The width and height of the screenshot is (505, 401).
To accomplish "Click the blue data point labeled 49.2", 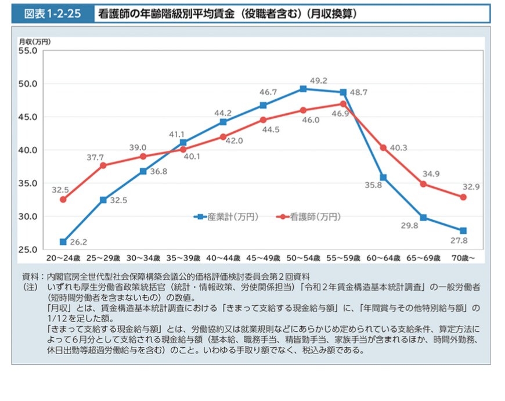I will coord(303,89).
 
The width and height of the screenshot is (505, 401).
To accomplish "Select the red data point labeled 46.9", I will coord(343,104).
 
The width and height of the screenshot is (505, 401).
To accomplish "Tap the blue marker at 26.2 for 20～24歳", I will coord(63,241).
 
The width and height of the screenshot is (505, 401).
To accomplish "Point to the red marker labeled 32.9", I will coord(463,197).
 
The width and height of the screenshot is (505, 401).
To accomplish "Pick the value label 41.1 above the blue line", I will coord(176,134).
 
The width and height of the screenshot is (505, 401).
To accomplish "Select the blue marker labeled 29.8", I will coord(423,218).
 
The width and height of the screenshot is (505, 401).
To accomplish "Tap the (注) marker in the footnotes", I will coord(30,287).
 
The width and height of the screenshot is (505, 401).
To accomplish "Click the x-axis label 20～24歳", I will coord(63,257).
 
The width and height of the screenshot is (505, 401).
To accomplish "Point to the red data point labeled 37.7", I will coord(103,165).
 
